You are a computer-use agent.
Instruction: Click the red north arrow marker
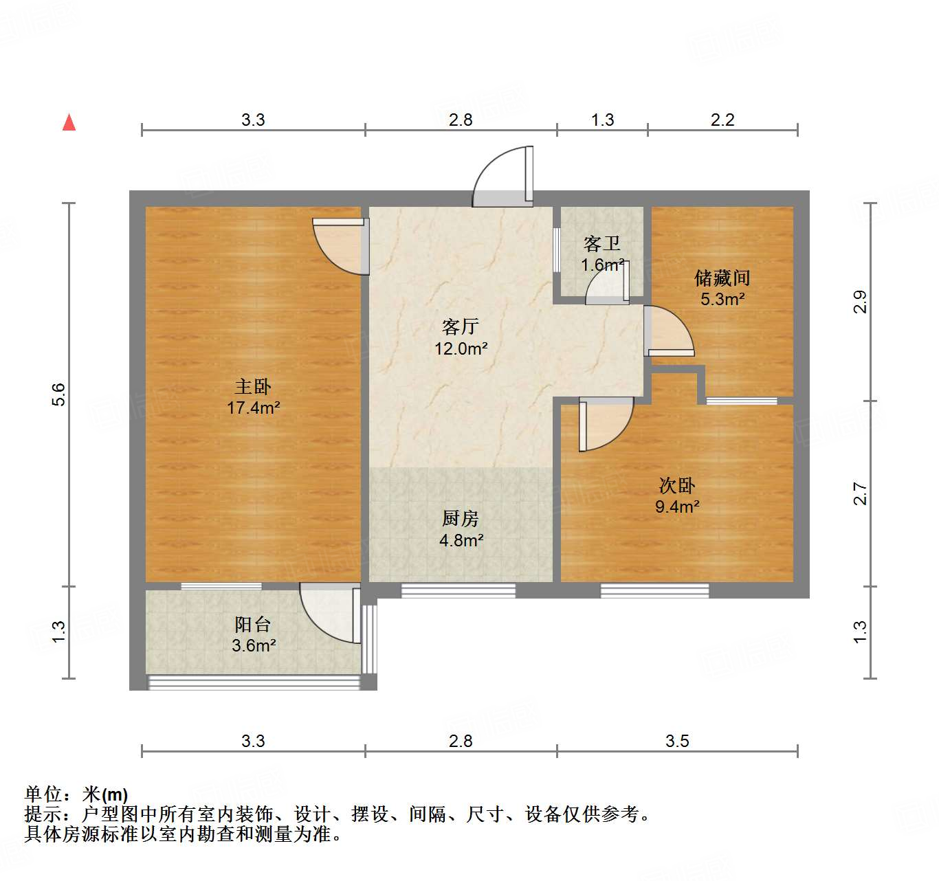[69, 122]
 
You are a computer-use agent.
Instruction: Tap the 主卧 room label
[253, 387]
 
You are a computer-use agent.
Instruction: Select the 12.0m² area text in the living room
[461, 348]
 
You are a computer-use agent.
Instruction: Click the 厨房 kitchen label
[461, 518]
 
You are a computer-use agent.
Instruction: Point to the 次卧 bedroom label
[677, 486]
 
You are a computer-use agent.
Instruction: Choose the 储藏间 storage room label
[722, 278]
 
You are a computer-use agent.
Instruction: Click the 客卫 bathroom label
[602, 244]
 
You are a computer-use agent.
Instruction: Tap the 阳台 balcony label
[253, 625]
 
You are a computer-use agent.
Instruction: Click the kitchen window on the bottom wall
[458, 590]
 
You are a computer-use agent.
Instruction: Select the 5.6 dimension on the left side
[58, 394]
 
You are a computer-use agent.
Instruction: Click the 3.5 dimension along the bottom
[677, 741]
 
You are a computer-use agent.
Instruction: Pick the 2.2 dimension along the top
[722, 120]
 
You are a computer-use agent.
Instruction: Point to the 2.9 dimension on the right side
[860, 302]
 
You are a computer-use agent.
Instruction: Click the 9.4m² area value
[677, 507]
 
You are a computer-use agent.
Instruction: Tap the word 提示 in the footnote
[43, 815]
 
